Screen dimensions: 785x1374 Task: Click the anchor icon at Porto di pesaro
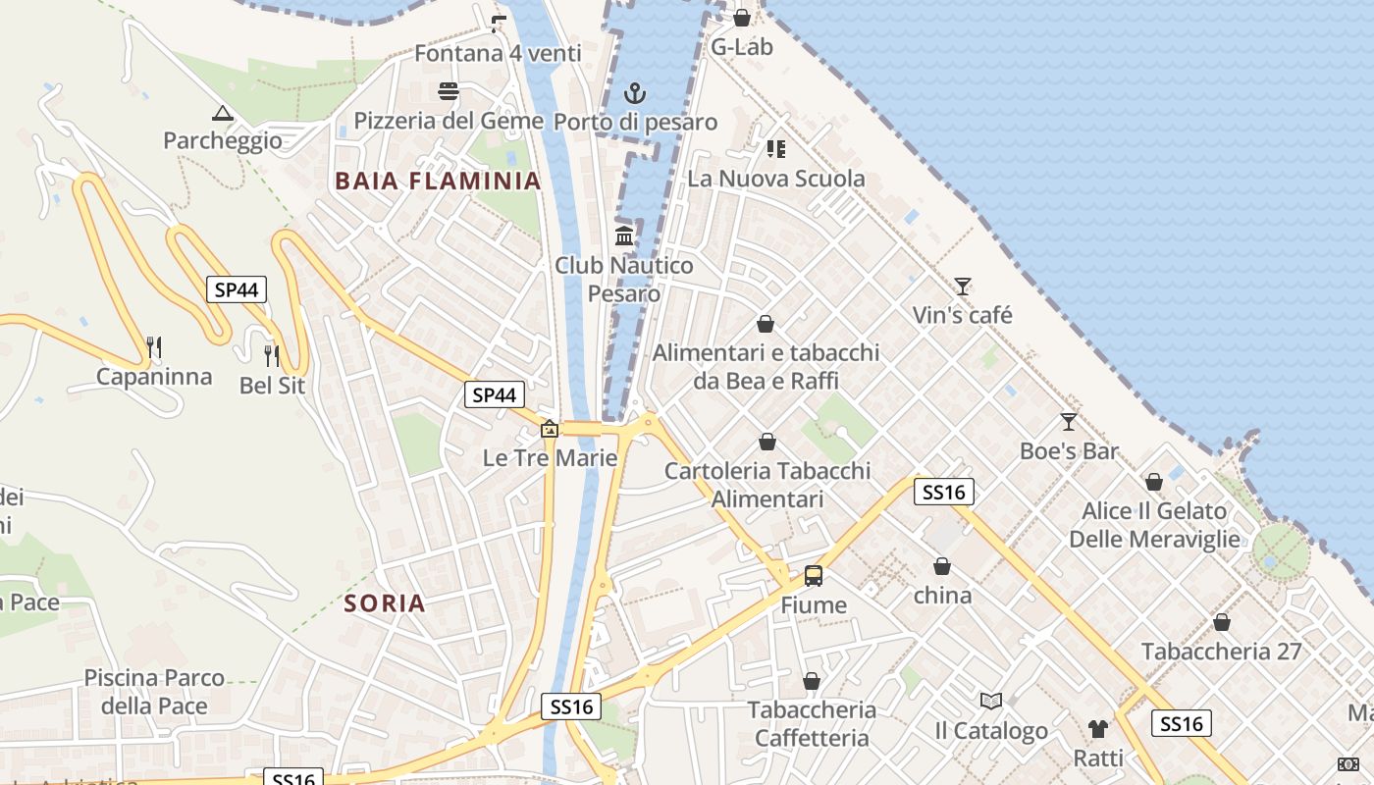636,93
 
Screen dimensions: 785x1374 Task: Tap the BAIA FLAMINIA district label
438,181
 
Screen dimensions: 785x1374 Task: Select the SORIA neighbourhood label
386,603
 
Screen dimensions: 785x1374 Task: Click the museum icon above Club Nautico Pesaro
624,236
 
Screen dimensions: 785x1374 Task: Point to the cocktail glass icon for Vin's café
963,287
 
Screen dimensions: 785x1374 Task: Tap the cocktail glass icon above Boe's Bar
1069,422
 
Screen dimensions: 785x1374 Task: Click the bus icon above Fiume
814,576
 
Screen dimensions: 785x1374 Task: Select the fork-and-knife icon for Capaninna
154,347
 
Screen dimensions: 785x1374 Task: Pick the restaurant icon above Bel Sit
272,355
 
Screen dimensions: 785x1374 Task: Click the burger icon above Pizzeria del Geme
449,92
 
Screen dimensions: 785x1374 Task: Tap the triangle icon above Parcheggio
223,113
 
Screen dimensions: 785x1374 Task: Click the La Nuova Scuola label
776,179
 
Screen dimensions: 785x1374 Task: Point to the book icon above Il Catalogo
991,701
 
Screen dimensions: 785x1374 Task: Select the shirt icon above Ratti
1098,728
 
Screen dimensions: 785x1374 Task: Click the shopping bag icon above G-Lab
742,18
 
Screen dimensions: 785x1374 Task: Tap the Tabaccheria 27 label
1221,651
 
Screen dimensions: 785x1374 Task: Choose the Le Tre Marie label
551,458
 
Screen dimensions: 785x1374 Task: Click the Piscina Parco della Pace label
154,692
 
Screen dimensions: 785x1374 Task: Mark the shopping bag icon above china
942,566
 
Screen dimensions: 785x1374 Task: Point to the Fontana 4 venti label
498,53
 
